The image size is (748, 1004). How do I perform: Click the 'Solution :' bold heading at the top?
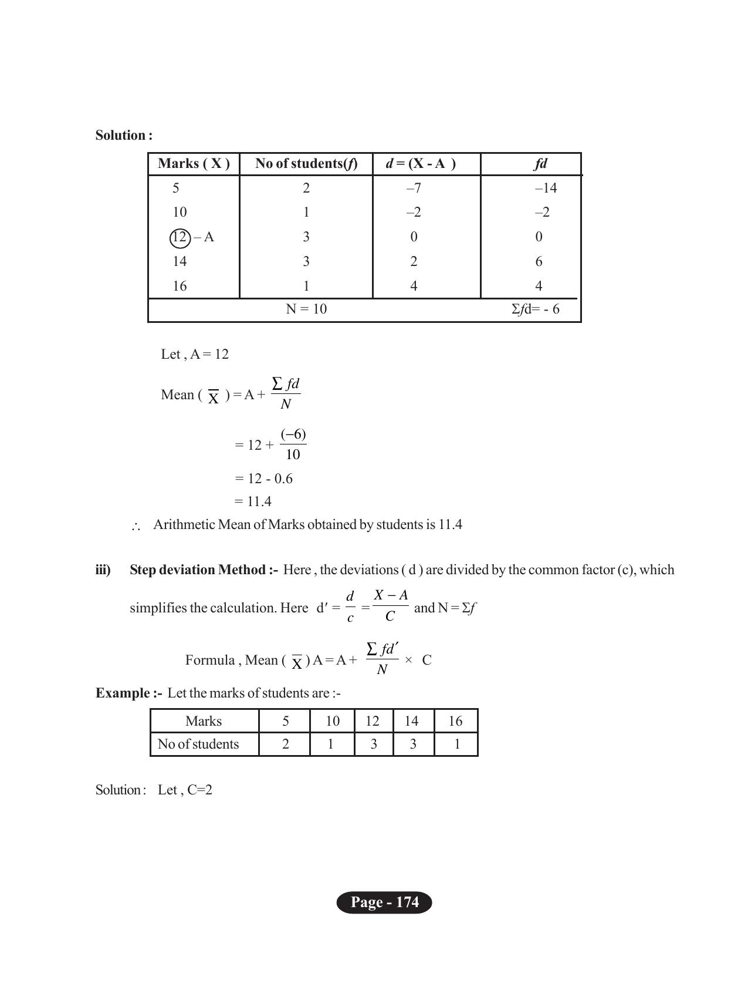[124, 136]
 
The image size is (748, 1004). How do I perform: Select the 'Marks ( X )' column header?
[194, 164]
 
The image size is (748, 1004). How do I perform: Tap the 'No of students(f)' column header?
[306, 164]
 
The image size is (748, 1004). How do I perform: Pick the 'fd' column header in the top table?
[540, 164]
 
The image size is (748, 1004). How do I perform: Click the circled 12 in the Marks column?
[179, 238]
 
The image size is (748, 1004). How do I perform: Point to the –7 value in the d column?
[414, 188]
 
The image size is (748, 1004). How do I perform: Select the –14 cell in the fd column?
[546, 188]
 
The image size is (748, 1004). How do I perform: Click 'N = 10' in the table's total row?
[306, 309]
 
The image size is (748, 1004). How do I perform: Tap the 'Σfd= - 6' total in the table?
[535, 309]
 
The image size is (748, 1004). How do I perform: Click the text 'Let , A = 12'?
[195, 355]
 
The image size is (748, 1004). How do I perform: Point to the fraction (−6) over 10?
[293, 444]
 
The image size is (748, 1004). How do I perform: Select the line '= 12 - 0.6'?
[263, 479]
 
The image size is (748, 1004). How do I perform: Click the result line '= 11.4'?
[253, 502]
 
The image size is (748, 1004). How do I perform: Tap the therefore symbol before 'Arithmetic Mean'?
[136, 527]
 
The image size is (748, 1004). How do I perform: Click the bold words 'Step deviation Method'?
[197, 570]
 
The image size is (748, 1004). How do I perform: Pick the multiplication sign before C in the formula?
[408, 661]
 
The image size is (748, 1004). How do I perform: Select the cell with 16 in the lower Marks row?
[455, 722]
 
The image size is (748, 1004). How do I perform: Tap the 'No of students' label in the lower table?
[198, 744]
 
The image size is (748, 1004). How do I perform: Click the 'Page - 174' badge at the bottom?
[384, 902]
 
